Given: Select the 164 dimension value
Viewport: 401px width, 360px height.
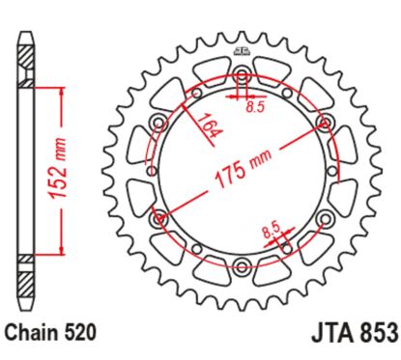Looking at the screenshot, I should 206,128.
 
